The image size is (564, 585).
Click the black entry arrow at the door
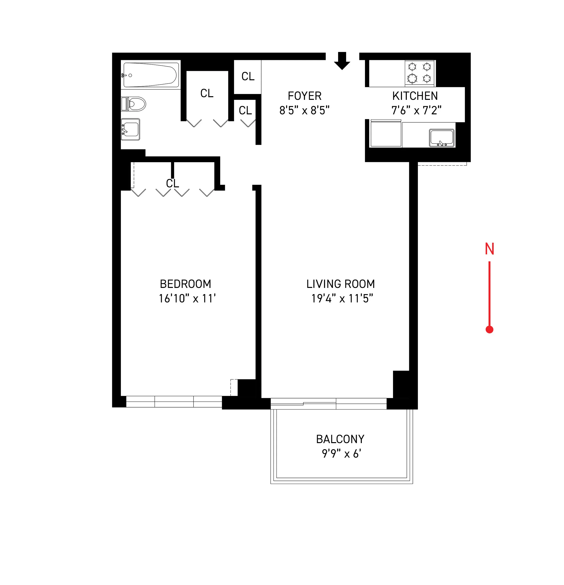[x=342, y=61]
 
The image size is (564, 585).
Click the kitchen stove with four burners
[x=419, y=73]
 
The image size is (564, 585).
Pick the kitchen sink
[x=441, y=138]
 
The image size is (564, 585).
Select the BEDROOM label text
[x=186, y=284]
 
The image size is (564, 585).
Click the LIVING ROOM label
[x=340, y=284]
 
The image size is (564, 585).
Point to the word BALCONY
[x=340, y=439]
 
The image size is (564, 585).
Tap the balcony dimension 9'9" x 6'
[x=341, y=454]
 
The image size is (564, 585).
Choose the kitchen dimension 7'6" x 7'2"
[x=416, y=110]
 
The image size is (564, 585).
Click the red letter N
[x=489, y=249]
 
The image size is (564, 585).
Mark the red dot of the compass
[x=489, y=329]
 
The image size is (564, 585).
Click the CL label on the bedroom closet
[x=173, y=183]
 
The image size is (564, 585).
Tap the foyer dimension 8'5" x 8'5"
[x=304, y=110]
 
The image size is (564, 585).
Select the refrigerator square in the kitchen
[x=386, y=133]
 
